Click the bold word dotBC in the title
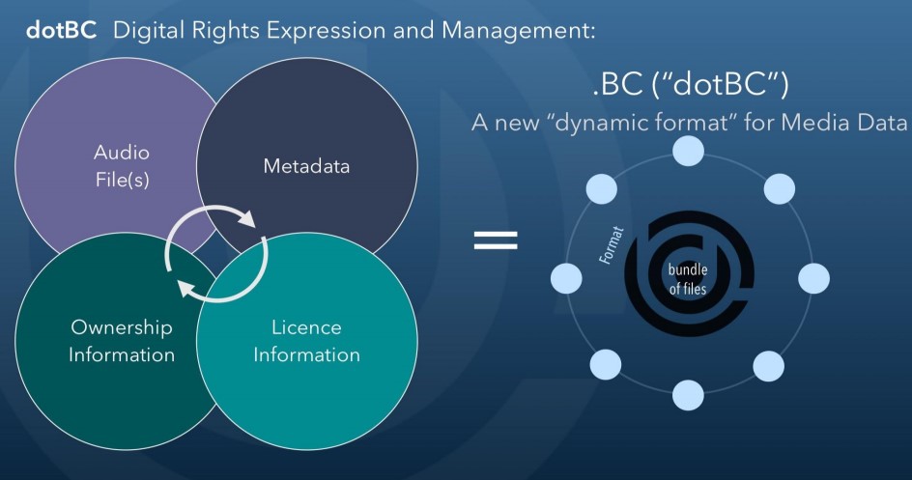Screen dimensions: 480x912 pos(61,29)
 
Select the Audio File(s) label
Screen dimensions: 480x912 pos(121,166)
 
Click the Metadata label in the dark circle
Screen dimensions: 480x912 pos(306,166)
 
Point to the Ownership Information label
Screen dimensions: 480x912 pos(121,341)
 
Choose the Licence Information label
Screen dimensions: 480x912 pos(306,341)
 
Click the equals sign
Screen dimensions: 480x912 pos(496,240)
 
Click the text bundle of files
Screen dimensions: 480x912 pos(688,276)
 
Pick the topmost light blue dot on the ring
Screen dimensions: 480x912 pos(688,151)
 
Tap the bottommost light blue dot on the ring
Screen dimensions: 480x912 pos(688,395)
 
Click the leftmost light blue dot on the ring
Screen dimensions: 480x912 pos(566,279)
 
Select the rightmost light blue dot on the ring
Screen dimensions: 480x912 pos(813,279)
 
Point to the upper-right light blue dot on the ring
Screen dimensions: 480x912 pos(779,188)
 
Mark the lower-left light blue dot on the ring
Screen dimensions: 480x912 pos(605,364)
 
